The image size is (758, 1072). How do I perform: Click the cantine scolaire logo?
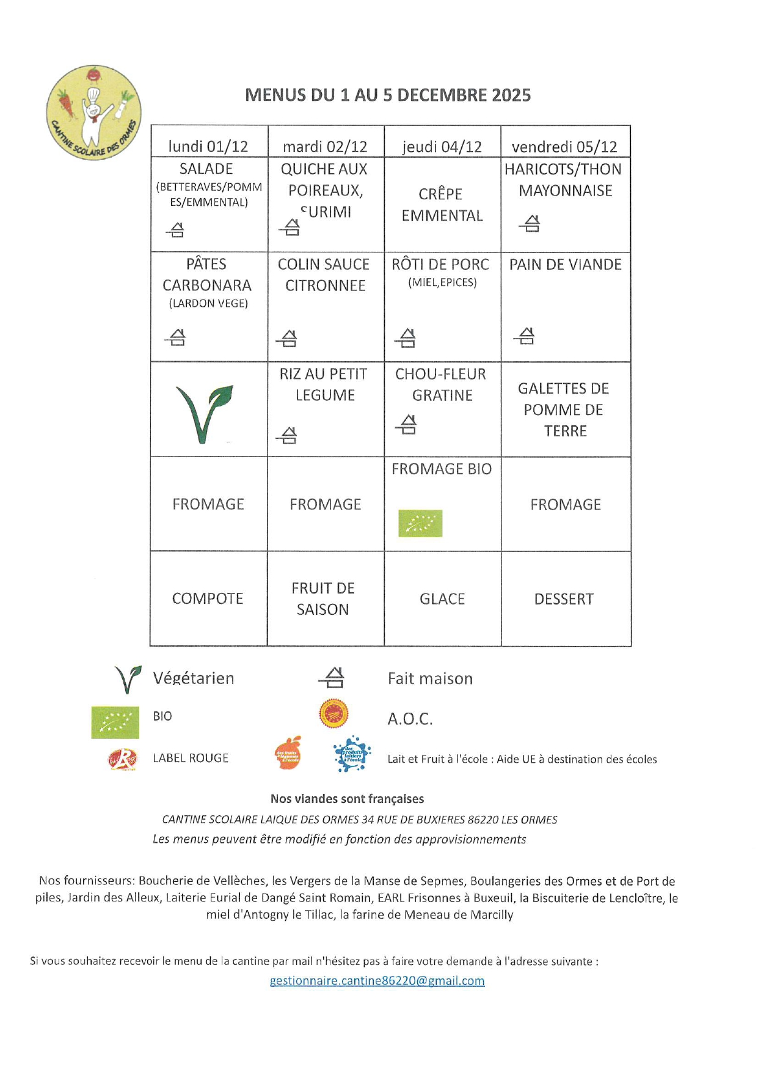pyautogui.click(x=94, y=113)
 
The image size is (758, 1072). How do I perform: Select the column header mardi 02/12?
pyautogui.click(x=325, y=147)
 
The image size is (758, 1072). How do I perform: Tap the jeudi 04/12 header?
pyautogui.click(x=442, y=147)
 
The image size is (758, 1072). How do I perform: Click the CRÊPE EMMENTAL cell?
pyautogui.click(x=442, y=205)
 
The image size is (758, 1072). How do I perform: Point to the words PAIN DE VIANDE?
pyautogui.click(x=566, y=265)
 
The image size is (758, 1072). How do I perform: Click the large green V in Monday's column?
pyautogui.click(x=204, y=413)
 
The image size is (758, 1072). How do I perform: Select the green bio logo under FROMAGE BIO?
pyautogui.click(x=420, y=523)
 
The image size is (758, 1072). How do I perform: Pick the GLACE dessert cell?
pyautogui.click(x=442, y=599)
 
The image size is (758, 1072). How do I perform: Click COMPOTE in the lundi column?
pyautogui.click(x=208, y=599)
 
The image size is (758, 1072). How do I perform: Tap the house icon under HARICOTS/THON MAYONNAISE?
pyautogui.click(x=530, y=224)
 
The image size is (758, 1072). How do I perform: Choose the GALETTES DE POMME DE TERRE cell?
pyautogui.click(x=564, y=409)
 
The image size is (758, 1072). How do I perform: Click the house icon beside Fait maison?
pyautogui.click(x=332, y=678)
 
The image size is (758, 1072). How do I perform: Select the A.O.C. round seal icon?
pyautogui.click(x=333, y=713)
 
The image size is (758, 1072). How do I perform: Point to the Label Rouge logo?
pyautogui.click(x=123, y=759)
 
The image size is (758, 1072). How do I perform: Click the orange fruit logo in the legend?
pyautogui.click(x=288, y=754)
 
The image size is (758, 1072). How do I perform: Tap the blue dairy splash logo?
pyautogui.click(x=352, y=754)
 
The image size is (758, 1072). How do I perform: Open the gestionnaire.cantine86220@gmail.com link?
pyautogui.click(x=377, y=981)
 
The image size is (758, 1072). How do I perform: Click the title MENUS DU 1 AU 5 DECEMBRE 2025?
pyautogui.click(x=388, y=95)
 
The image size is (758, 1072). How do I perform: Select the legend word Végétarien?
pyautogui.click(x=194, y=678)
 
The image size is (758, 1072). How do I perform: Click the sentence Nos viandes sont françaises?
pyautogui.click(x=347, y=799)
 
